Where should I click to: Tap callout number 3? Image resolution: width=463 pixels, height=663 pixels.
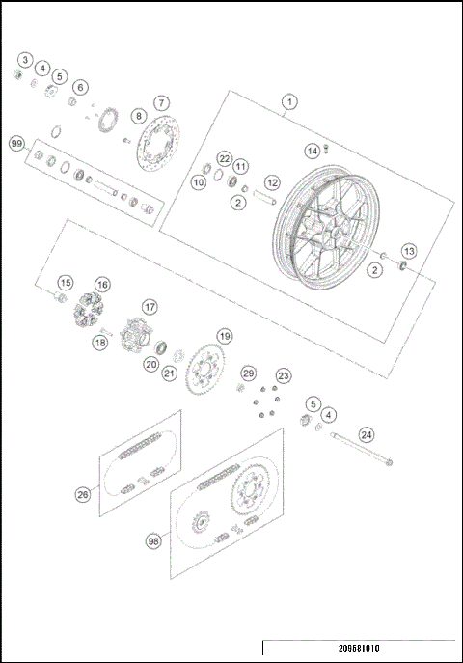[x=25, y=60]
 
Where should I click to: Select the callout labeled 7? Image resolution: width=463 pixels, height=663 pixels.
[x=162, y=102]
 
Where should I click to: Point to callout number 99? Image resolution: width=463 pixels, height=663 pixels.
[x=16, y=143]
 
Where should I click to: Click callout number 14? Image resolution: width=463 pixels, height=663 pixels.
[x=312, y=151]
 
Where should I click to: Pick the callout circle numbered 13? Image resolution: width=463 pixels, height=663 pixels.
[x=408, y=251]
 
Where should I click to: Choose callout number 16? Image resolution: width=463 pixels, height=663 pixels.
[x=101, y=285]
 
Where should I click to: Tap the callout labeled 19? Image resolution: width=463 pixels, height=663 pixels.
[x=224, y=336]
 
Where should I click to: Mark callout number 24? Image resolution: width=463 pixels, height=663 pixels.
[x=367, y=434]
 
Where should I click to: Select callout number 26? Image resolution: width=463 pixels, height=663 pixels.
[x=83, y=494]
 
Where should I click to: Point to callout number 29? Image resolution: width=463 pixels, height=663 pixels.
[x=248, y=373]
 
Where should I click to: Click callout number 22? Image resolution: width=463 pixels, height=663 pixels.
[x=224, y=158]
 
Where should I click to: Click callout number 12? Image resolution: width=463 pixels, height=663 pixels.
[x=272, y=181]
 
